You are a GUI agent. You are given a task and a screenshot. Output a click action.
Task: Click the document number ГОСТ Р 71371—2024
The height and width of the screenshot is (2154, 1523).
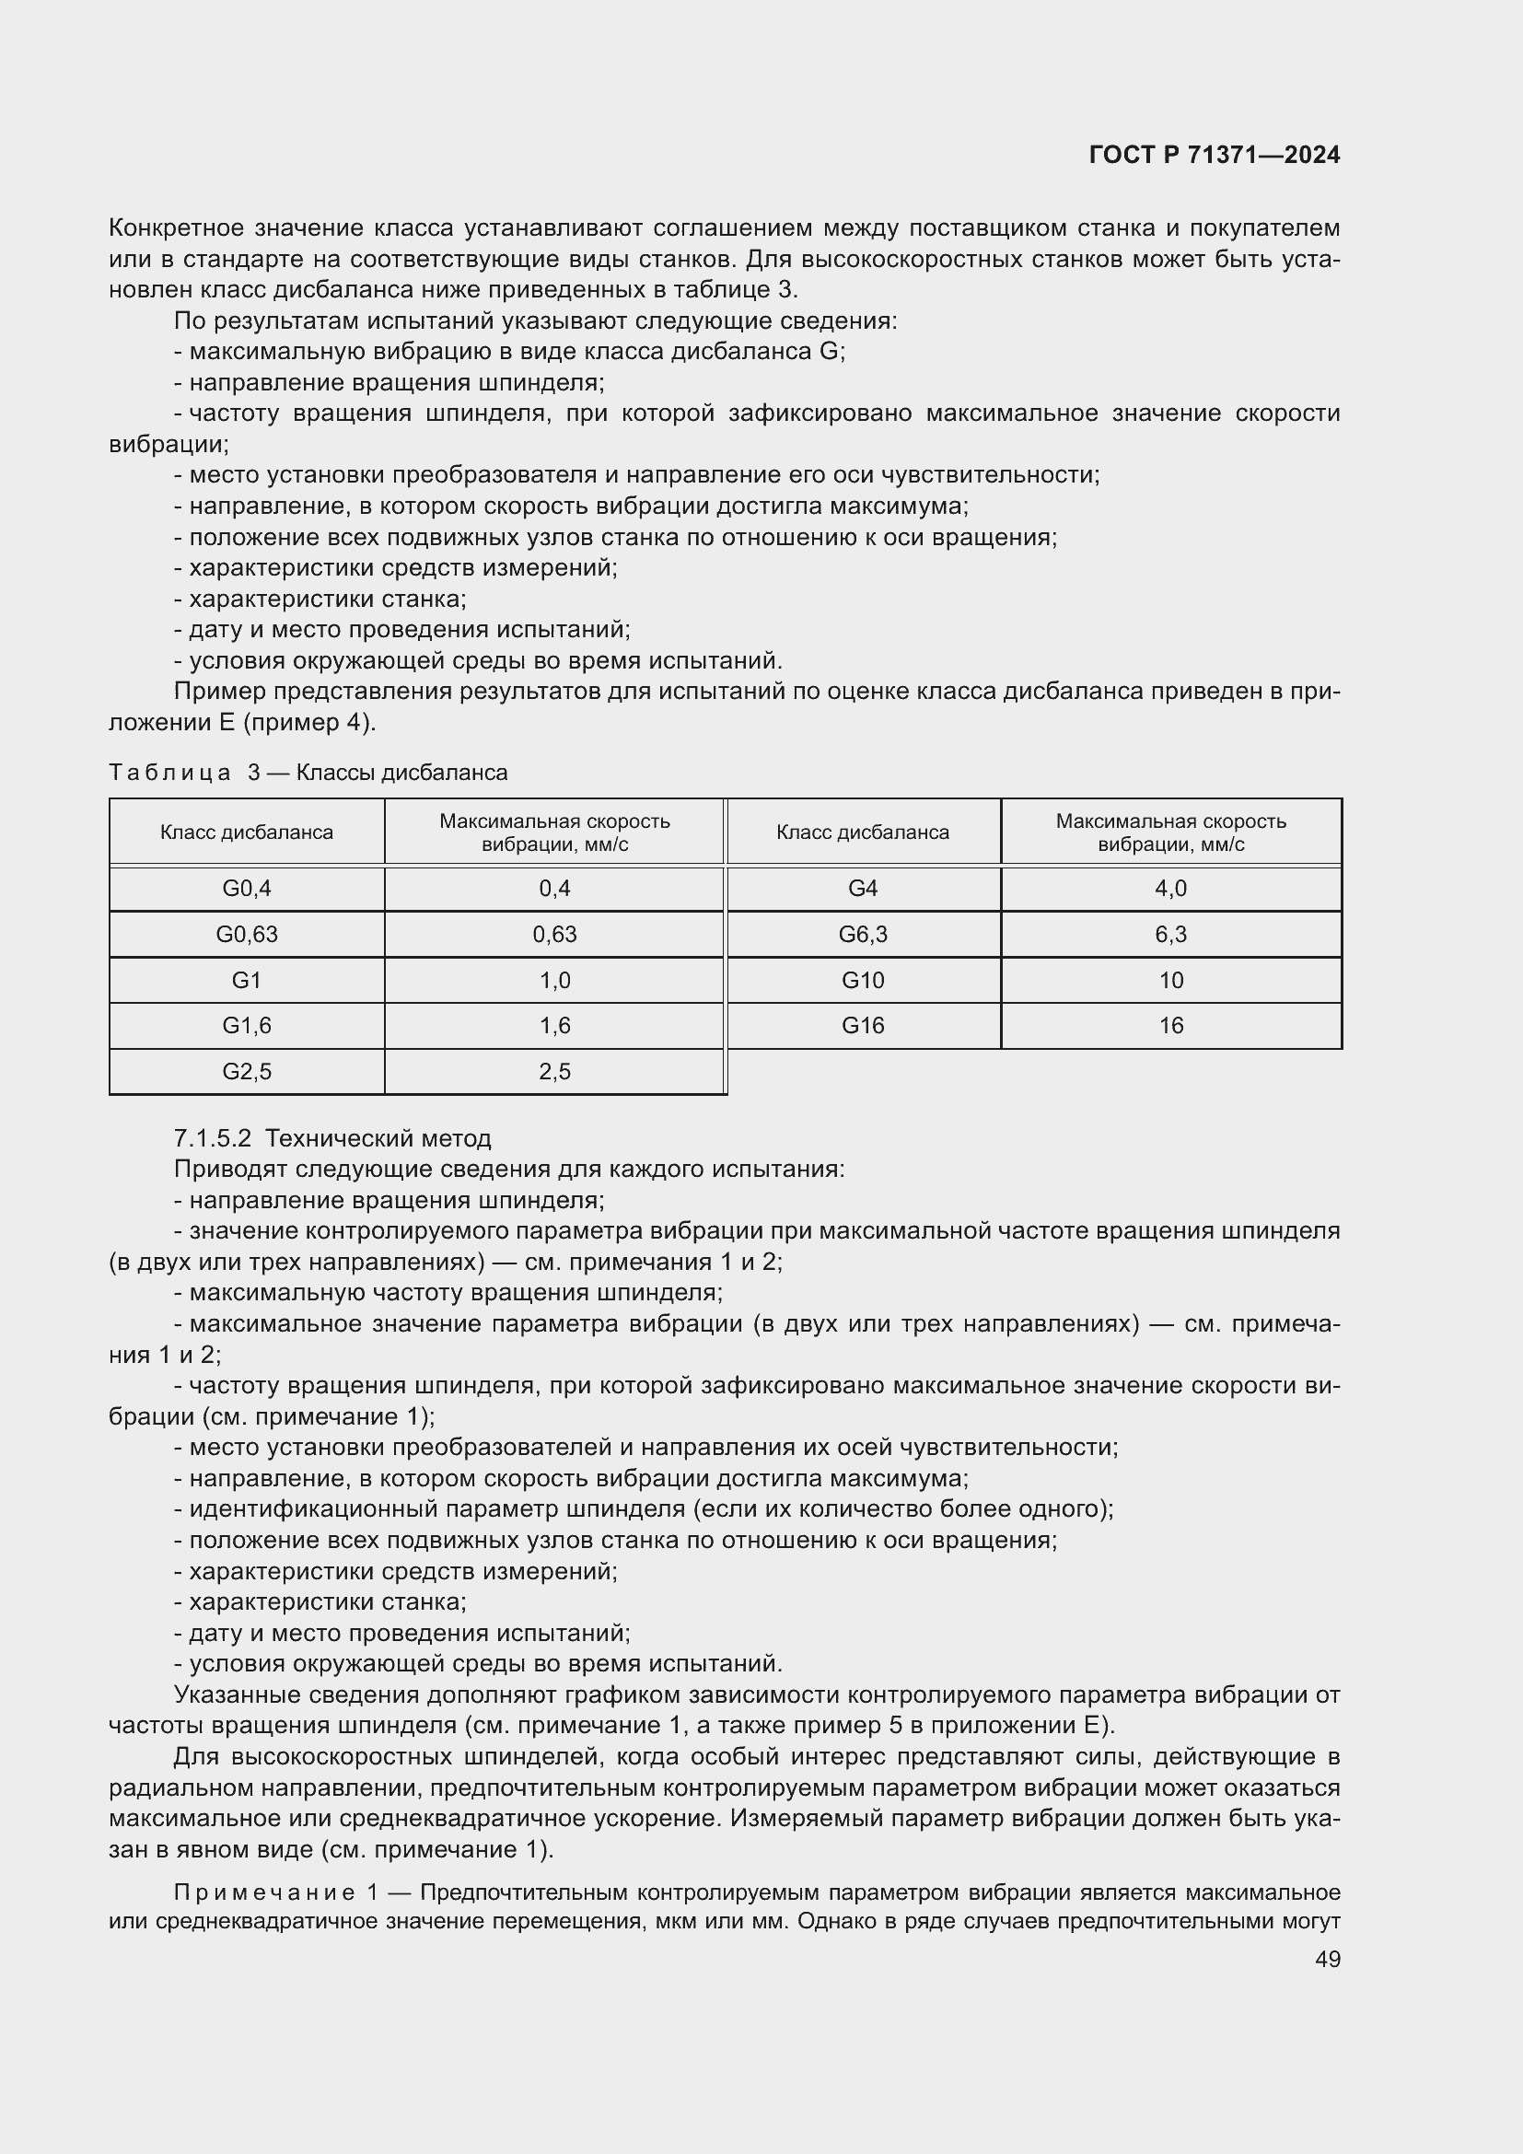(1215, 156)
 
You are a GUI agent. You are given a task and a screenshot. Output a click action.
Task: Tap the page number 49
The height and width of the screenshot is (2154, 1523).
(1327, 1959)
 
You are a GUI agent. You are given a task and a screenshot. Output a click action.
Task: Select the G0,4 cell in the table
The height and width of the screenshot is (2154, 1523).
(247, 889)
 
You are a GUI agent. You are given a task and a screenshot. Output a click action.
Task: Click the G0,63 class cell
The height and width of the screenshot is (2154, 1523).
(247, 935)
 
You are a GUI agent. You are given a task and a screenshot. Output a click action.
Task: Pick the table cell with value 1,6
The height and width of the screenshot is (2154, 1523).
(554, 1025)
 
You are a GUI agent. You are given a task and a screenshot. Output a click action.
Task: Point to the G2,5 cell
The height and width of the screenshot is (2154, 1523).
(247, 1071)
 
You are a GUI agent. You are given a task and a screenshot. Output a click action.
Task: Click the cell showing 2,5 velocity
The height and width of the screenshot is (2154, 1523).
(554, 1071)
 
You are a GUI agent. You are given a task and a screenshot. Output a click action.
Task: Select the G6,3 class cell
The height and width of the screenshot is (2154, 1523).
(863, 935)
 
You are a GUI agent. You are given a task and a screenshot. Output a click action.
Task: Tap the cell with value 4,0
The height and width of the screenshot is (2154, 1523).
(1170, 889)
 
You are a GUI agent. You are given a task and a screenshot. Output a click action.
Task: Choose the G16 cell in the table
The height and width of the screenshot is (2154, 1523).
(863, 1025)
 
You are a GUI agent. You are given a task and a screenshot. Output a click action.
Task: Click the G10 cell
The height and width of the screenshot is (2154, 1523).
(863, 981)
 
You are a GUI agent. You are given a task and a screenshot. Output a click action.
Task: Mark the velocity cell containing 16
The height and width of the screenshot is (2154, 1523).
(1170, 1025)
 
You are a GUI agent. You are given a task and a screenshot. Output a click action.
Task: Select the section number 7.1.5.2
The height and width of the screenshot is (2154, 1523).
(213, 1139)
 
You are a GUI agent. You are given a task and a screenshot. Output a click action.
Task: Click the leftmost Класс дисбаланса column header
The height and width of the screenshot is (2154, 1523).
(247, 832)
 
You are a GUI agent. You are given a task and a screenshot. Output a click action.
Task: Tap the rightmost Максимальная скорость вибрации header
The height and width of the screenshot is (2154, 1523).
(1170, 832)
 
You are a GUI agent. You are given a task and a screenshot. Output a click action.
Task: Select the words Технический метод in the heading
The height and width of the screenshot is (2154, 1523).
(378, 1139)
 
